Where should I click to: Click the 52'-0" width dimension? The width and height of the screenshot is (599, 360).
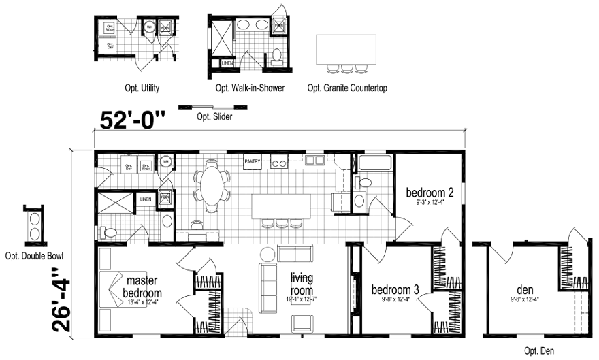coord(133,120)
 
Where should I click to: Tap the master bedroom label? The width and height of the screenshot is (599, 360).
coord(142,287)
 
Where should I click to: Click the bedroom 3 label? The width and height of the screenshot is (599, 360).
coord(395,290)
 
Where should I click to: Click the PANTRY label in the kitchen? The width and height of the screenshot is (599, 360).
coord(253,161)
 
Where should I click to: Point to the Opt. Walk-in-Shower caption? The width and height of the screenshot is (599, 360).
coord(250,88)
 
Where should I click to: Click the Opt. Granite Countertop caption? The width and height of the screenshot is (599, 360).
coord(347,88)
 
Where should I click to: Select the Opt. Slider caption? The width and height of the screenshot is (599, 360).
coord(214,117)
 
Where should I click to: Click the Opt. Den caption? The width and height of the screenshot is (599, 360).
coord(540,351)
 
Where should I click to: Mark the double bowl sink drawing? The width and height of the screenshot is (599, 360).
coord(33,225)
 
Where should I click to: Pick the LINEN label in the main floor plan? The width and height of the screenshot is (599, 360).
coord(146,199)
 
